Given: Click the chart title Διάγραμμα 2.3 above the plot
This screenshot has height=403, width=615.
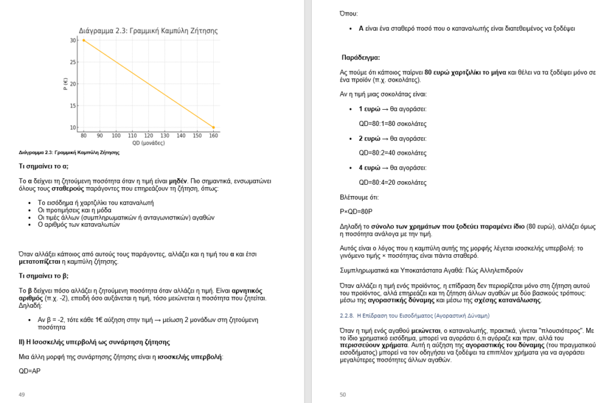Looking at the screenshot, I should [148, 31].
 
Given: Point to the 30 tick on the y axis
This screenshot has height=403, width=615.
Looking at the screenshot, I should [73, 40].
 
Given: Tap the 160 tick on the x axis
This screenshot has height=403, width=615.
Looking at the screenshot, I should [213, 136].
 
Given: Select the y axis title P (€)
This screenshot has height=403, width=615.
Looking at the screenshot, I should [64, 84].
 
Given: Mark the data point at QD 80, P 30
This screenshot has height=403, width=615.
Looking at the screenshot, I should [83, 40].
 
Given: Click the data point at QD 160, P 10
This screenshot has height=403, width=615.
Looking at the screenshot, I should [213, 127].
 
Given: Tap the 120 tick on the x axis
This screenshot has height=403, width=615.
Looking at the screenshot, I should [148, 136].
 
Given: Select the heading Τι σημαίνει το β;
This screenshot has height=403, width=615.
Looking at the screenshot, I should [44, 276].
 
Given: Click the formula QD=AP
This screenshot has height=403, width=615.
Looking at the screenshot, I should [31, 371].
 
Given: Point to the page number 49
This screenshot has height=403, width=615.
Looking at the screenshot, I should [22, 394].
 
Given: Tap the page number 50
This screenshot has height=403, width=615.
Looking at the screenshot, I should [343, 394].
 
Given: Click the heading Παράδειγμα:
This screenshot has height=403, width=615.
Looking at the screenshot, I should [360, 58].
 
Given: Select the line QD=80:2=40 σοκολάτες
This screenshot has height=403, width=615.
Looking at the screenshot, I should [393, 153].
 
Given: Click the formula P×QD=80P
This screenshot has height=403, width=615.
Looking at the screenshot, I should [356, 211].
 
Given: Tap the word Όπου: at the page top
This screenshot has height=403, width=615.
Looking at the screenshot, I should [348, 13].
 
